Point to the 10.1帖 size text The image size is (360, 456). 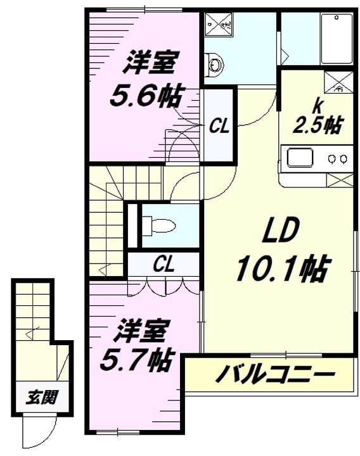281,270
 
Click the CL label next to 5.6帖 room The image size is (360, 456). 219,127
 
